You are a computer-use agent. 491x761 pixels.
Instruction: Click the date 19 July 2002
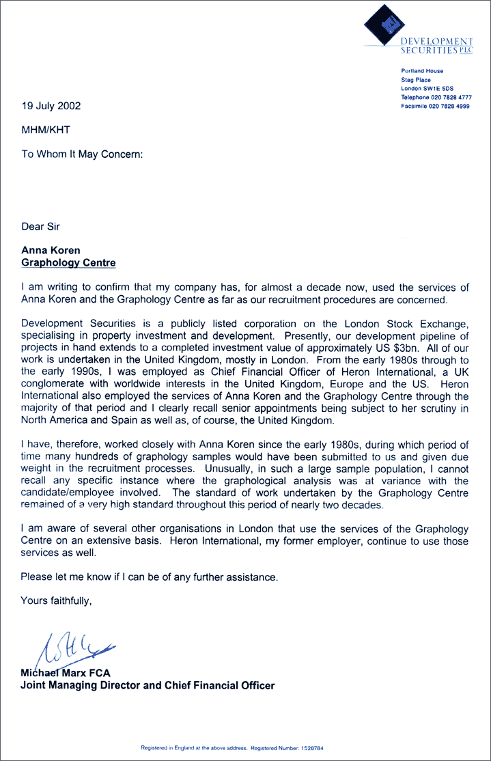pyautogui.click(x=51, y=106)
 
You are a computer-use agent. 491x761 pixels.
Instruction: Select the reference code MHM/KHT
pyautogui.click(x=46, y=129)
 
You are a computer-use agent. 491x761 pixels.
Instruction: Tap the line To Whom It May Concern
pyautogui.click(x=82, y=154)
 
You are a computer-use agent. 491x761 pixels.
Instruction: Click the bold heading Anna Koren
pyautogui.click(x=51, y=251)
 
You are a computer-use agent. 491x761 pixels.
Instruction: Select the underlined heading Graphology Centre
pyautogui.click(x=68, y=262)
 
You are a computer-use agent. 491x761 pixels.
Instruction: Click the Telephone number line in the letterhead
pyautogui.click(x=436, y=98)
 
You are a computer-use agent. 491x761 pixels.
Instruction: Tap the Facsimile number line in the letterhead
pyautogui.click(x=435, y=107)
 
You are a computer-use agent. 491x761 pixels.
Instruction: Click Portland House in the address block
pyautogui.click(x=422, y=71)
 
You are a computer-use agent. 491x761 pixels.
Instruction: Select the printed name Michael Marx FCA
pyautogui.click(x=66, y=673)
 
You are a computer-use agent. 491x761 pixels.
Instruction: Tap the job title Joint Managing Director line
pyautogui.click(x=148, y=685)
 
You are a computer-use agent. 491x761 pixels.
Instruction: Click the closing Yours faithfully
pyautogui.click(x=55, y=601)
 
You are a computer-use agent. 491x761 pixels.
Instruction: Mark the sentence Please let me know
pyautogui.click(x=149, y=577)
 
